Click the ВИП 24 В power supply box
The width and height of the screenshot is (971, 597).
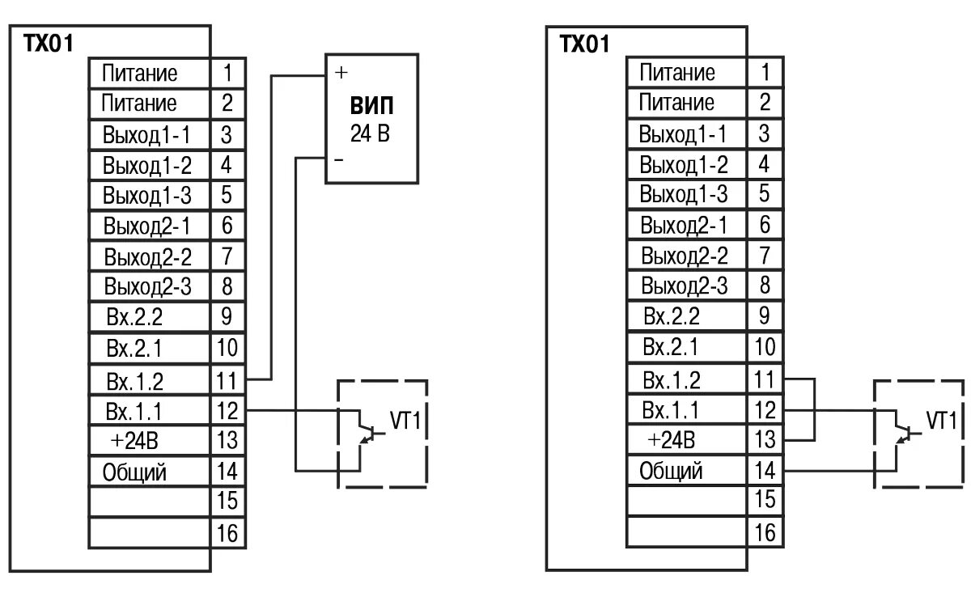pos(373,118)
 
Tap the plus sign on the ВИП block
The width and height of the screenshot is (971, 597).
pos(341,73)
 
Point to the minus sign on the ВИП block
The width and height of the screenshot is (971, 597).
pos(338,160)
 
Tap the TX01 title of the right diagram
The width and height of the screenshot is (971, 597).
pos(583,44)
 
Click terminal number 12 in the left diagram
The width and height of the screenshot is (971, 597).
pos(227,411)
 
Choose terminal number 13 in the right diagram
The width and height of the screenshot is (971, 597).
pos(765,440)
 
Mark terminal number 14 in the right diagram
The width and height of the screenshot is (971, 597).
pos(765,471)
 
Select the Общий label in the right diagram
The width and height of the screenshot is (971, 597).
pos(671,471)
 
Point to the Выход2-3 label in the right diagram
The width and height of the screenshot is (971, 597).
pos(685,286)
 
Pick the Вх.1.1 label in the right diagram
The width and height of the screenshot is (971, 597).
pos(671,409)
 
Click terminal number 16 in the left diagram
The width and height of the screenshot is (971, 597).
pos(227,533)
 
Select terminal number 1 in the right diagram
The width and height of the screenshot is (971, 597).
pos(765,72)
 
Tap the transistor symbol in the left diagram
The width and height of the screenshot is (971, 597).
pos(367,427)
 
